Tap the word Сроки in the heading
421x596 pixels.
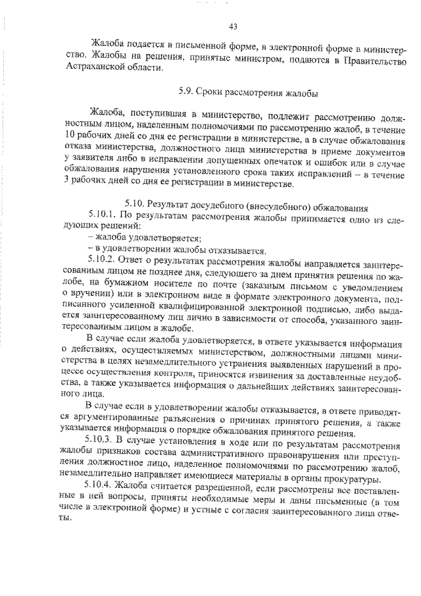(214, 94)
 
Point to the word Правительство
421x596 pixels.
(372, 61)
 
